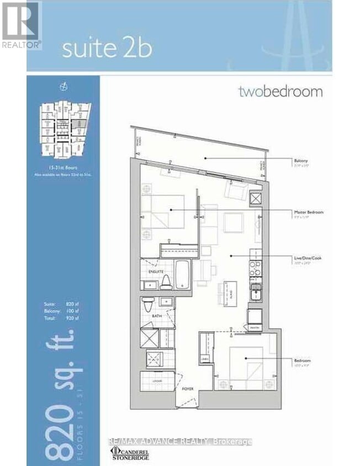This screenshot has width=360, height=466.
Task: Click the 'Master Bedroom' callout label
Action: coord(310,212)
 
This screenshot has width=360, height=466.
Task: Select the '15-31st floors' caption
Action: coord(62,165)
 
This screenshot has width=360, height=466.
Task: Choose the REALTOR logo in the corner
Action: coord(20,25)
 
